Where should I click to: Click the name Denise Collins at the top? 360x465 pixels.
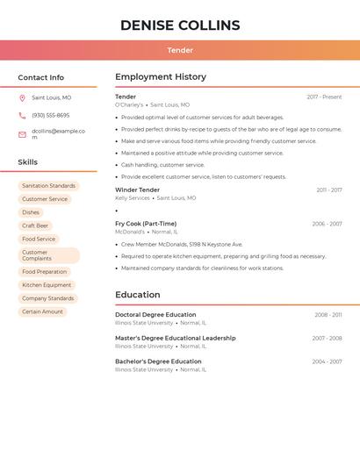180,25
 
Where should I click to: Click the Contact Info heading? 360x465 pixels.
41,77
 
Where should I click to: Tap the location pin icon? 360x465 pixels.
22,97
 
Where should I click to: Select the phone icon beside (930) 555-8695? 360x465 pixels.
22,116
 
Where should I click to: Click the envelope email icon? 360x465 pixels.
22,134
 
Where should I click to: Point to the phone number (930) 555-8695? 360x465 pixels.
50,116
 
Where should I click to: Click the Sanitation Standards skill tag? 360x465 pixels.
49,186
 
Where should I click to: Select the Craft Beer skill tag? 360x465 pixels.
35,225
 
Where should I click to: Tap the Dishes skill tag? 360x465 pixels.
31,212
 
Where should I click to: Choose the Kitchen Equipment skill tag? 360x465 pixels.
47,285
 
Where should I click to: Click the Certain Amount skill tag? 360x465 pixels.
42,311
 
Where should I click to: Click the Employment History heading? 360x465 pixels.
161,77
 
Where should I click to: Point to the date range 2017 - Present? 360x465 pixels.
324,97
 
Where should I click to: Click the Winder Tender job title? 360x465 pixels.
138,190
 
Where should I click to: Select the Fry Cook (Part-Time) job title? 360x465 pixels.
146,224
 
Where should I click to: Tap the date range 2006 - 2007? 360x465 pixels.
327,224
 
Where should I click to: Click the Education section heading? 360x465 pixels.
138,295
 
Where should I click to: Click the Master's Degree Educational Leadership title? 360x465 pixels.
176,338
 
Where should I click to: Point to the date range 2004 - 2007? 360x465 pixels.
327,361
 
